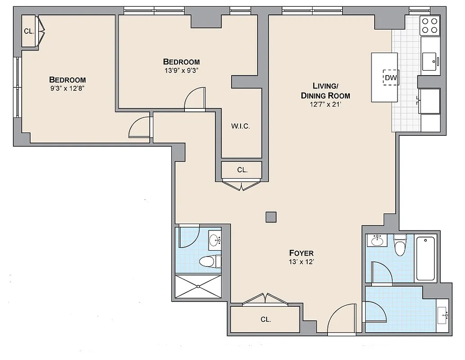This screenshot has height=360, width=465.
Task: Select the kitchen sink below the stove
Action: pyautogui.click(x=431, y=59)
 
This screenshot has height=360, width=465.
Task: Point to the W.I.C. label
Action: pyautogui.click(x=241, y=126)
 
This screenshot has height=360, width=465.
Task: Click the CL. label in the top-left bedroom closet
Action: pyautogui.click(x=29, y=31)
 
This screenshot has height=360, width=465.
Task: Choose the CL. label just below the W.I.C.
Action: pyautogui.click(x=242, y=170)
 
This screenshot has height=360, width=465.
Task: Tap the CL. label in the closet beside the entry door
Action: pyautogui.click(x=265, y=319)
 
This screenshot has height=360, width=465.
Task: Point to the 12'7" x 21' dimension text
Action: pyautogui.click(x=325, y=104)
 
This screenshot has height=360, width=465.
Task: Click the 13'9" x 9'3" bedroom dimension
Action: pyautogui.click(x=181, y=70)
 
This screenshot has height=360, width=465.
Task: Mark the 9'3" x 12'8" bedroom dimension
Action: pyautogui.click(x=67, y=88)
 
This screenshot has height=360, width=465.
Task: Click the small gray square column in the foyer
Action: pyautogui.click(x=271, y=217)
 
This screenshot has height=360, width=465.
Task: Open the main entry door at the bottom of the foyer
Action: pyautogui.click(x=344, y=320)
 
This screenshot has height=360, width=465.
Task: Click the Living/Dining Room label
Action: pyautogui.click(x=325, y=90)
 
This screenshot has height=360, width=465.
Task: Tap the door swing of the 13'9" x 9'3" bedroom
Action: pyautogui.click(x=195, y=99)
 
